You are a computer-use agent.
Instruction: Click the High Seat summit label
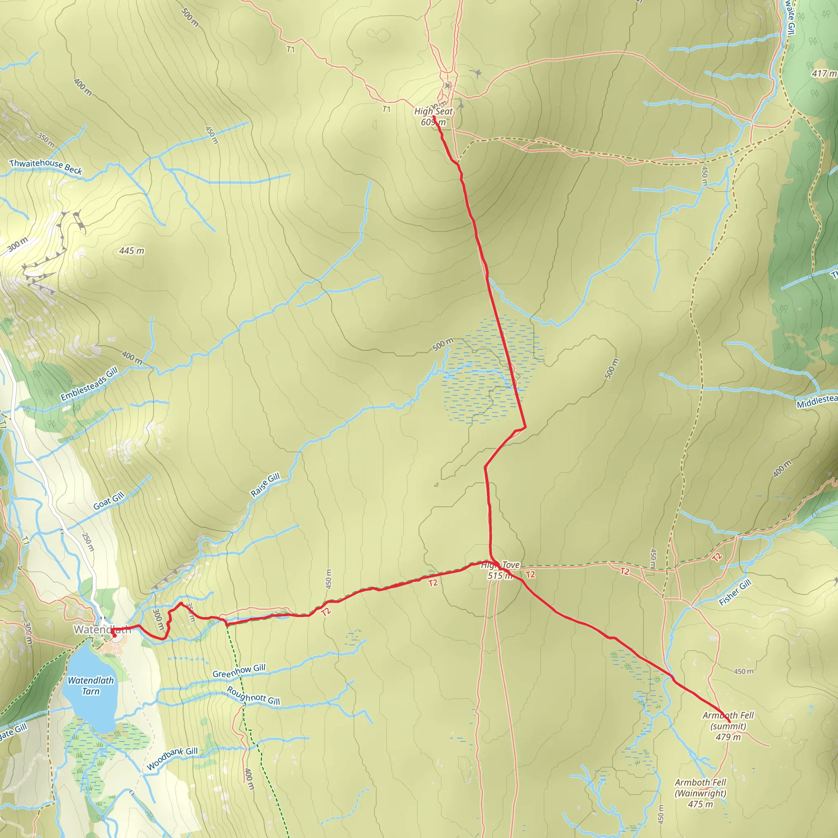coord(433,111)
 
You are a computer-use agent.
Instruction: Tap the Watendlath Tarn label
coord(91,686)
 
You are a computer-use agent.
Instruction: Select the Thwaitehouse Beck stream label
coord(45,166)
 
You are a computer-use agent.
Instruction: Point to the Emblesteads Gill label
coord(89,384)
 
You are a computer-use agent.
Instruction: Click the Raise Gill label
coord(265,485)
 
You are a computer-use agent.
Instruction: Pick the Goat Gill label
coord(109,501)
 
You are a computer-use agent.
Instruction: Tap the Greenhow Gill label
coord(239,671)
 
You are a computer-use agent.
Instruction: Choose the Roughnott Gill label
coord(253,696)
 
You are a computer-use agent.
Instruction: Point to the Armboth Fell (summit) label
coord(728,721)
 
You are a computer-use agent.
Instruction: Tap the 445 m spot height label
coord(131,251)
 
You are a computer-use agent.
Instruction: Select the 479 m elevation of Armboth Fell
coord(728,737)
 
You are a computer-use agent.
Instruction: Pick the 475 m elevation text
coord(700,804)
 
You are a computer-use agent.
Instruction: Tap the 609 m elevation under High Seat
coord(433,122)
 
